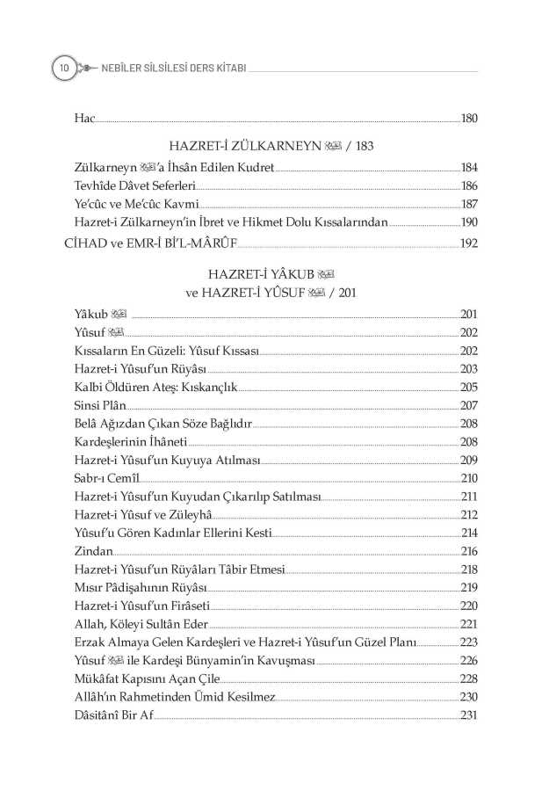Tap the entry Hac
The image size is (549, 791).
click(x=84, y=118)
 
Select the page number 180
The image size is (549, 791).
click(x=468, y=118)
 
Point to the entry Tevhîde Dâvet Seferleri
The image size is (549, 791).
click(x=134, y=186)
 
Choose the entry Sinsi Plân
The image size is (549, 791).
click(x=101, y=405)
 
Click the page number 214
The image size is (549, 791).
click(x=468, y=533)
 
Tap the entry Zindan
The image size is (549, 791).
click(x=94, y=551)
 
